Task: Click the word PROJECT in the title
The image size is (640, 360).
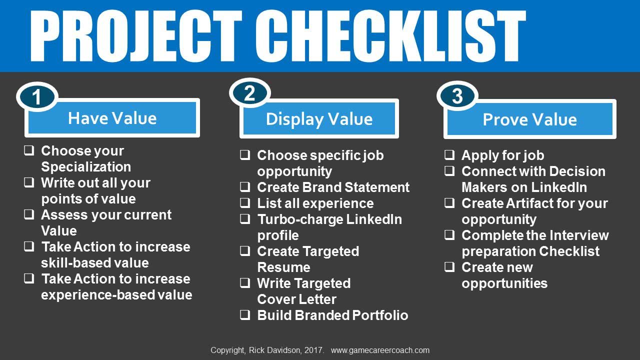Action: click(x=136, y=36)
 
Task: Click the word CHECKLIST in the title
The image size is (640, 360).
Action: click(x=390, y=36)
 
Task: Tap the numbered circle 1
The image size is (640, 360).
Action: click(x=37, y=97)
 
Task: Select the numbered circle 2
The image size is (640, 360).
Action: click(x=249, y=93)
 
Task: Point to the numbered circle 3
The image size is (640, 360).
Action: click(x=457, y=96)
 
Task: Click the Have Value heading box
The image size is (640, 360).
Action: click(x=112, y=118)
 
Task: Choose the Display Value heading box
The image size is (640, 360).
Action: click(x=319, y=118)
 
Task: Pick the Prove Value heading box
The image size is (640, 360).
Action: click(x=529, y=119)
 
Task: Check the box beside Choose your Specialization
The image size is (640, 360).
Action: click(x=29, y=150)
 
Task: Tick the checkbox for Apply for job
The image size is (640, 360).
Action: click(x=449, y=155)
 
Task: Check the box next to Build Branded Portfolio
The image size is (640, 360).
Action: click(x=245, y=315)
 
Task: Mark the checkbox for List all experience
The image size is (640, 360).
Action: click(x=245, y=203)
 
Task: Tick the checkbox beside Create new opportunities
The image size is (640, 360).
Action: click(x=449, y=267)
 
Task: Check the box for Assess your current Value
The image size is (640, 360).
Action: click(x=29, y=214)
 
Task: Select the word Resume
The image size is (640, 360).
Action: click(x=283, y=267)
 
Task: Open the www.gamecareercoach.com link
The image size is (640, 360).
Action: click(x=380, y=350)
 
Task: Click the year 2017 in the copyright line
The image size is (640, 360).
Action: click(x=313, y=350)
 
